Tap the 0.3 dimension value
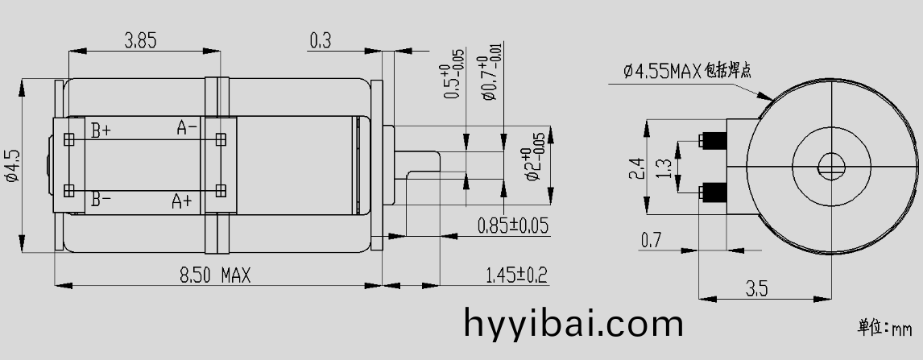click(320, 40)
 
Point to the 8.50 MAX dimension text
click(214, 275)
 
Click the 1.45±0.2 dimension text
click(516, 275)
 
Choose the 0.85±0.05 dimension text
click(512, 226)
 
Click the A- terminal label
click(187, 127)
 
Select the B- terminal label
click(101, 199)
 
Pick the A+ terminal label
click(182, 201)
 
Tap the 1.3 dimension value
click(664, 168)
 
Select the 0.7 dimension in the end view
click(651, 240)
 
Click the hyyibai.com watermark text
click(573, 324)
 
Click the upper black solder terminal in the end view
click(714, 142)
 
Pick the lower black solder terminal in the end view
click(714, 192)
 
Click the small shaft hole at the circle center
click(832, 168)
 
